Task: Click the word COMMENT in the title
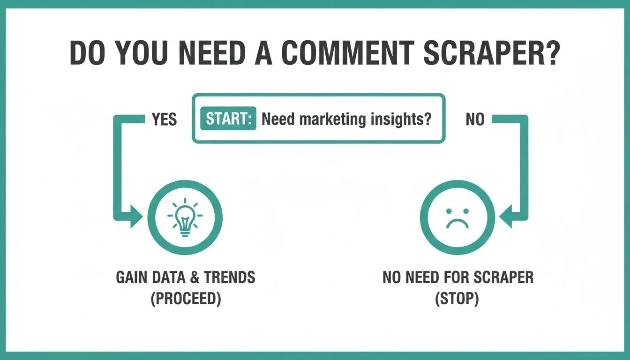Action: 348,53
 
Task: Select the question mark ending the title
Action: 551,53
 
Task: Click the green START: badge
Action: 228,119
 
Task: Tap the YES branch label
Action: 164,119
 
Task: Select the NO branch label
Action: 475,119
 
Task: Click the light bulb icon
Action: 185,217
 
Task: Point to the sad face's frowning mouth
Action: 457,224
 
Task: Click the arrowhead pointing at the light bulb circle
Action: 136,217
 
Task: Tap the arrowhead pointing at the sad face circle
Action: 506,217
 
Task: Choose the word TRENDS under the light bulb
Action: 230,277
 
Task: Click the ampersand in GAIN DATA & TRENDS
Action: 195,277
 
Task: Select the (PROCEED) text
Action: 186,299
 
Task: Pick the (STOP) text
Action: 457,299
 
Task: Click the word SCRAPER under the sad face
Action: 503,277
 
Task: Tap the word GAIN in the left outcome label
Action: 132,277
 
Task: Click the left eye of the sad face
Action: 449,211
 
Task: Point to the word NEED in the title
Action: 212,53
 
